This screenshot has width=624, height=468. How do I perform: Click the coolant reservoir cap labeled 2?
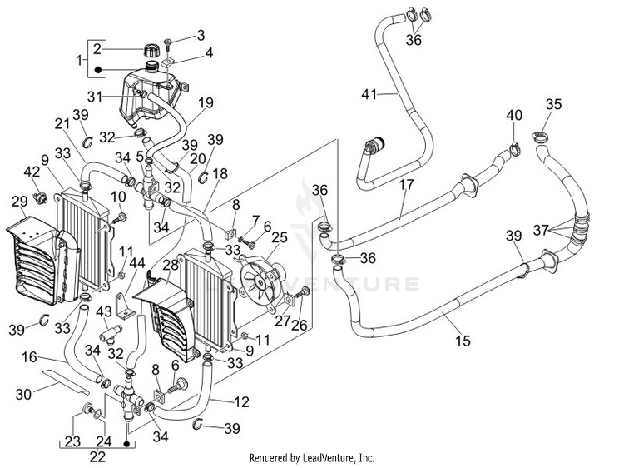click(151, 50)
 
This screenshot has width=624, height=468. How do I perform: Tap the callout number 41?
click(369, 94)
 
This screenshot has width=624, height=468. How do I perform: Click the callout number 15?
click(463, 341)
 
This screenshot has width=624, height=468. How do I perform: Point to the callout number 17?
click(406, 184)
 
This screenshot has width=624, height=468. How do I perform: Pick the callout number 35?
click(553, 104)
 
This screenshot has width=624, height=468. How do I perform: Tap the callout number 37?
click(542, 230)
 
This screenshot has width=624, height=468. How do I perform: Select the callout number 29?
click(19, 202)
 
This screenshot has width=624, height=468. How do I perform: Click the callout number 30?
click(23, 394)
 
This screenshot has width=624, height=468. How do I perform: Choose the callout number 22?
click(97, 456)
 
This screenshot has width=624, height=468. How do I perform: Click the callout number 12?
click(242, 401)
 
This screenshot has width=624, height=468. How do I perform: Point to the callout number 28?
click(171, 266)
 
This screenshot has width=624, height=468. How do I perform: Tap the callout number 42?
click(32, 172)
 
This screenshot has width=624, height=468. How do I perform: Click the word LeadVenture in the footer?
click(325, 457)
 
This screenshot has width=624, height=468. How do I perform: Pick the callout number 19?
click(206, 102)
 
